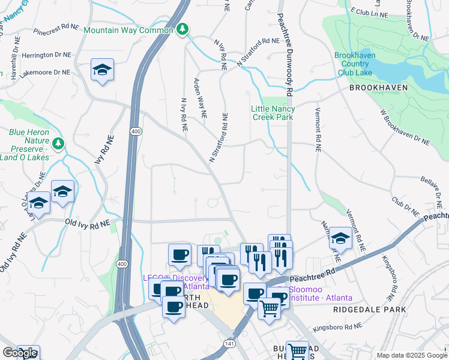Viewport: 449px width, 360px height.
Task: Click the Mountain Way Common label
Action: pos(128,30)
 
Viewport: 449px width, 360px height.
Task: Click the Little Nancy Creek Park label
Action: pos(273,113)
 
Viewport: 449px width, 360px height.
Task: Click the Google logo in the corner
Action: pos(20,353)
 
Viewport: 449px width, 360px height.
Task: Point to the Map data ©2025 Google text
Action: pos(411,355)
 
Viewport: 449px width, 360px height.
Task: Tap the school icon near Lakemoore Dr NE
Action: pos(103,71)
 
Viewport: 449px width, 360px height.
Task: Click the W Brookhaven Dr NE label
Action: pos(405,127)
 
